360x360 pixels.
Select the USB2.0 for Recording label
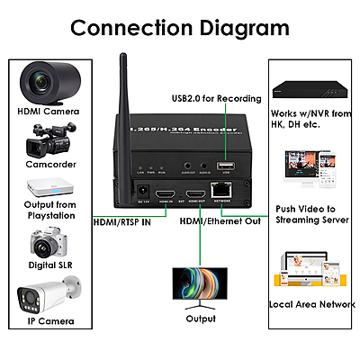click(217, 98)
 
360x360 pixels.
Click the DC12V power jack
click(141, 191)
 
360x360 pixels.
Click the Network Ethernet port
click(221, 190)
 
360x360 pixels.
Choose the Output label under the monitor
click(200, 318)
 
